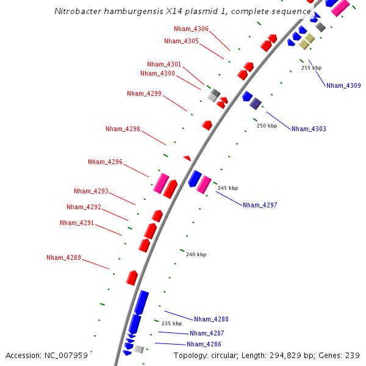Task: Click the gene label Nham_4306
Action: [x=191, y=29]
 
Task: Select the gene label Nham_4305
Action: [x=181, y=41]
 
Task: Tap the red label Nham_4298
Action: [x=123, y=129]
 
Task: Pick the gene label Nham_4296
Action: [x=105, y=162]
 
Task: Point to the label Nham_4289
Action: [x=63, y=257]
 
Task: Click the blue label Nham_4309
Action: [x=343, y=85]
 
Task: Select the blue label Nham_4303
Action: [x=309, y=129]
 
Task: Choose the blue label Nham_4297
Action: [x=260, y=205]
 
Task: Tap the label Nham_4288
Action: [x=211, y=319]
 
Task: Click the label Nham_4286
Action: [x=204, y=344]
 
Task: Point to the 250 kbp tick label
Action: [x=267, y=126]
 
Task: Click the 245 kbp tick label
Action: [x=228, y=188]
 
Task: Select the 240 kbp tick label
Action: [x=196, y=254]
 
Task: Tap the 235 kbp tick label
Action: [x=171, y=323]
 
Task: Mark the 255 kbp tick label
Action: [x=311, y=68]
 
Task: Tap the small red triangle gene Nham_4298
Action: [x=187, y=158]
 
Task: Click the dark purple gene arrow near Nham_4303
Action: [x=256, y=103]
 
